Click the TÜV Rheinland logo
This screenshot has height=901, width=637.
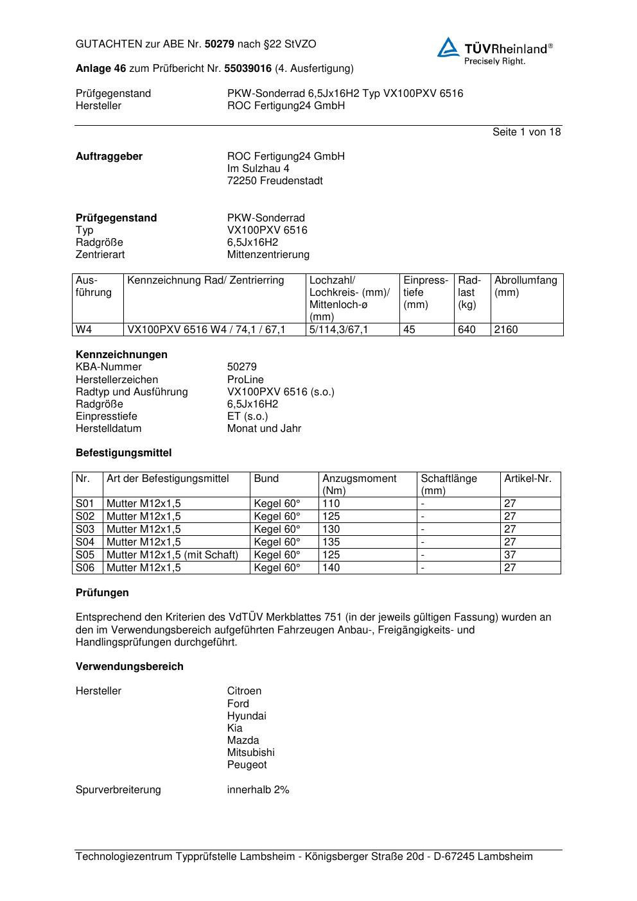(x=494, y=50)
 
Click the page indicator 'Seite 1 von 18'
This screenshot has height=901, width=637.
(x=526, y=132)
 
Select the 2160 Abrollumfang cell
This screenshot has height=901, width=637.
(x=506, y=330)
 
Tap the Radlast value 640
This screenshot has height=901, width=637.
(x=466, y=330)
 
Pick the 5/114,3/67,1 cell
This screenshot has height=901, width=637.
(x=338, y=330)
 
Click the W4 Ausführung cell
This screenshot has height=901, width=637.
(x=84, y=330)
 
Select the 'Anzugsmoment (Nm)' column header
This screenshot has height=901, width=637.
(x=360, y=485)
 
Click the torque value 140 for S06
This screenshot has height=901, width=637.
(x=331, y=568)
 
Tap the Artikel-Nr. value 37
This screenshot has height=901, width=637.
(x=510, y=555)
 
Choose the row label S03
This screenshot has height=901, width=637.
(x=85, y=529)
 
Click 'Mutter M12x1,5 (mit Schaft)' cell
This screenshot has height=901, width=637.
(x=172, y=555)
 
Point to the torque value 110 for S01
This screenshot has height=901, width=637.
(x=331, y=504)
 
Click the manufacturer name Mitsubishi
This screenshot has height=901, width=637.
(x=250, y=753)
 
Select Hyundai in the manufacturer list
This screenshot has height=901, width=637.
(x=247, y=716)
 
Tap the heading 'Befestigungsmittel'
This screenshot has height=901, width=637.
(x=123, y=453)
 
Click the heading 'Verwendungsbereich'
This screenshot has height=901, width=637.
(x=130, y=667)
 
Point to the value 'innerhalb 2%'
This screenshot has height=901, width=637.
(x=258, y=790)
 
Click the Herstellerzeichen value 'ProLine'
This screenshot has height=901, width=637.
(x=245, y=380)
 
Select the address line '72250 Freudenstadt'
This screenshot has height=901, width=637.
(x=275, y=181)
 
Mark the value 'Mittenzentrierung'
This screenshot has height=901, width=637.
(x=268, y=255)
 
